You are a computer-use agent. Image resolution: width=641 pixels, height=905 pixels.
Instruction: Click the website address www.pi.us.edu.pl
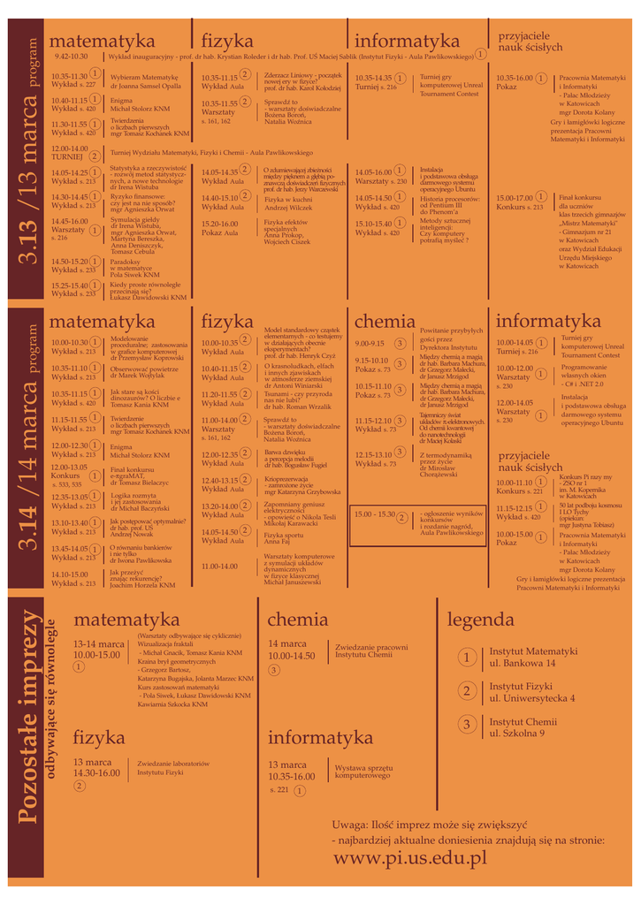tap(410, 857)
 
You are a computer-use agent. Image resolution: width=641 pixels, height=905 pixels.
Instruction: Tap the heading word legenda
tap(480, 620)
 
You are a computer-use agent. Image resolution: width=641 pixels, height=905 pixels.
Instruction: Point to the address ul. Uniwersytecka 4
tap(532, 698)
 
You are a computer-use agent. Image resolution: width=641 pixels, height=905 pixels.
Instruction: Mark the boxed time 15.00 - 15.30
tap(374, 514)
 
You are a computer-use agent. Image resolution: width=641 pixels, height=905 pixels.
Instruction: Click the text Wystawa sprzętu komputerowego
tap(363, 771)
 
